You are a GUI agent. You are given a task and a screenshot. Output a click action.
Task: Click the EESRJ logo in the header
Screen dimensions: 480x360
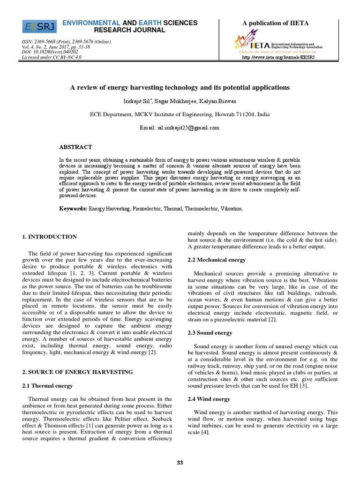coord(40,27)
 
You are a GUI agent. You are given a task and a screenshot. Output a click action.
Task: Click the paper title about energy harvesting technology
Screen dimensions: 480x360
coord(180,88)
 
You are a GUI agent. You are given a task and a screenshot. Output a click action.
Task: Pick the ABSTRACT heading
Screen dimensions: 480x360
coord(75,147)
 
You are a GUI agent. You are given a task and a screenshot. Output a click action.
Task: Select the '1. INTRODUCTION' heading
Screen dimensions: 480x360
coord(50,237)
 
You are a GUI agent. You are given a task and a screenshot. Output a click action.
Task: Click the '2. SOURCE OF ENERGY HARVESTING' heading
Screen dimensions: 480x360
coord(77,372)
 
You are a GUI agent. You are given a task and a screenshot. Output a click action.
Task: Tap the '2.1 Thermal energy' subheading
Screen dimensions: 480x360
coord(47,386)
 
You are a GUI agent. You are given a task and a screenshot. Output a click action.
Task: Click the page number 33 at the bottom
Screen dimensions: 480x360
coord(180,463)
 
